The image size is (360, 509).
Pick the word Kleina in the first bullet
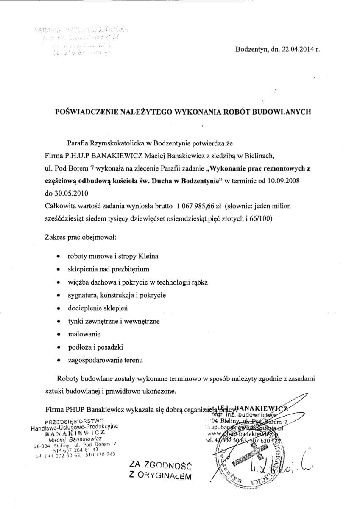point(148,257)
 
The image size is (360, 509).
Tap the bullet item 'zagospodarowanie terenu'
point(105,360)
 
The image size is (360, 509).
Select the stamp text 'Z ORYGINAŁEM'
point(160,475)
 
